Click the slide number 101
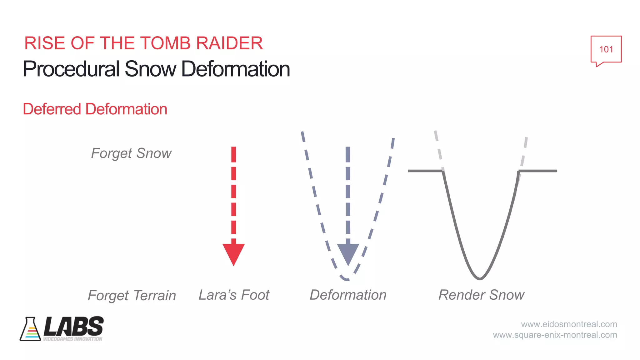tap(606, 49)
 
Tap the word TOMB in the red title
tap(166, 43)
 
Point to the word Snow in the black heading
tap(151, 69)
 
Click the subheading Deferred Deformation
tap(95, 109)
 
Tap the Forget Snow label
tap(131, 153)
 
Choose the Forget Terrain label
tap(132, 295)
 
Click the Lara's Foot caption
tap(234, 295)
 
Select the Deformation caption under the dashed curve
tap(348, 295)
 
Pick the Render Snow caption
tap(481, 295)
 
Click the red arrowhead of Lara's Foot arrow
tap(233, 253)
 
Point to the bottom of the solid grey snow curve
tap(480, 278)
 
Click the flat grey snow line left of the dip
tap(425, 171)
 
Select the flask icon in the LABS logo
tap(30, 329)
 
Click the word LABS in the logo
tap(74, 326)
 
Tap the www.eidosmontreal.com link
tap(569, 324)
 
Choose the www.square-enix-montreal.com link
tap(555, 335)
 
